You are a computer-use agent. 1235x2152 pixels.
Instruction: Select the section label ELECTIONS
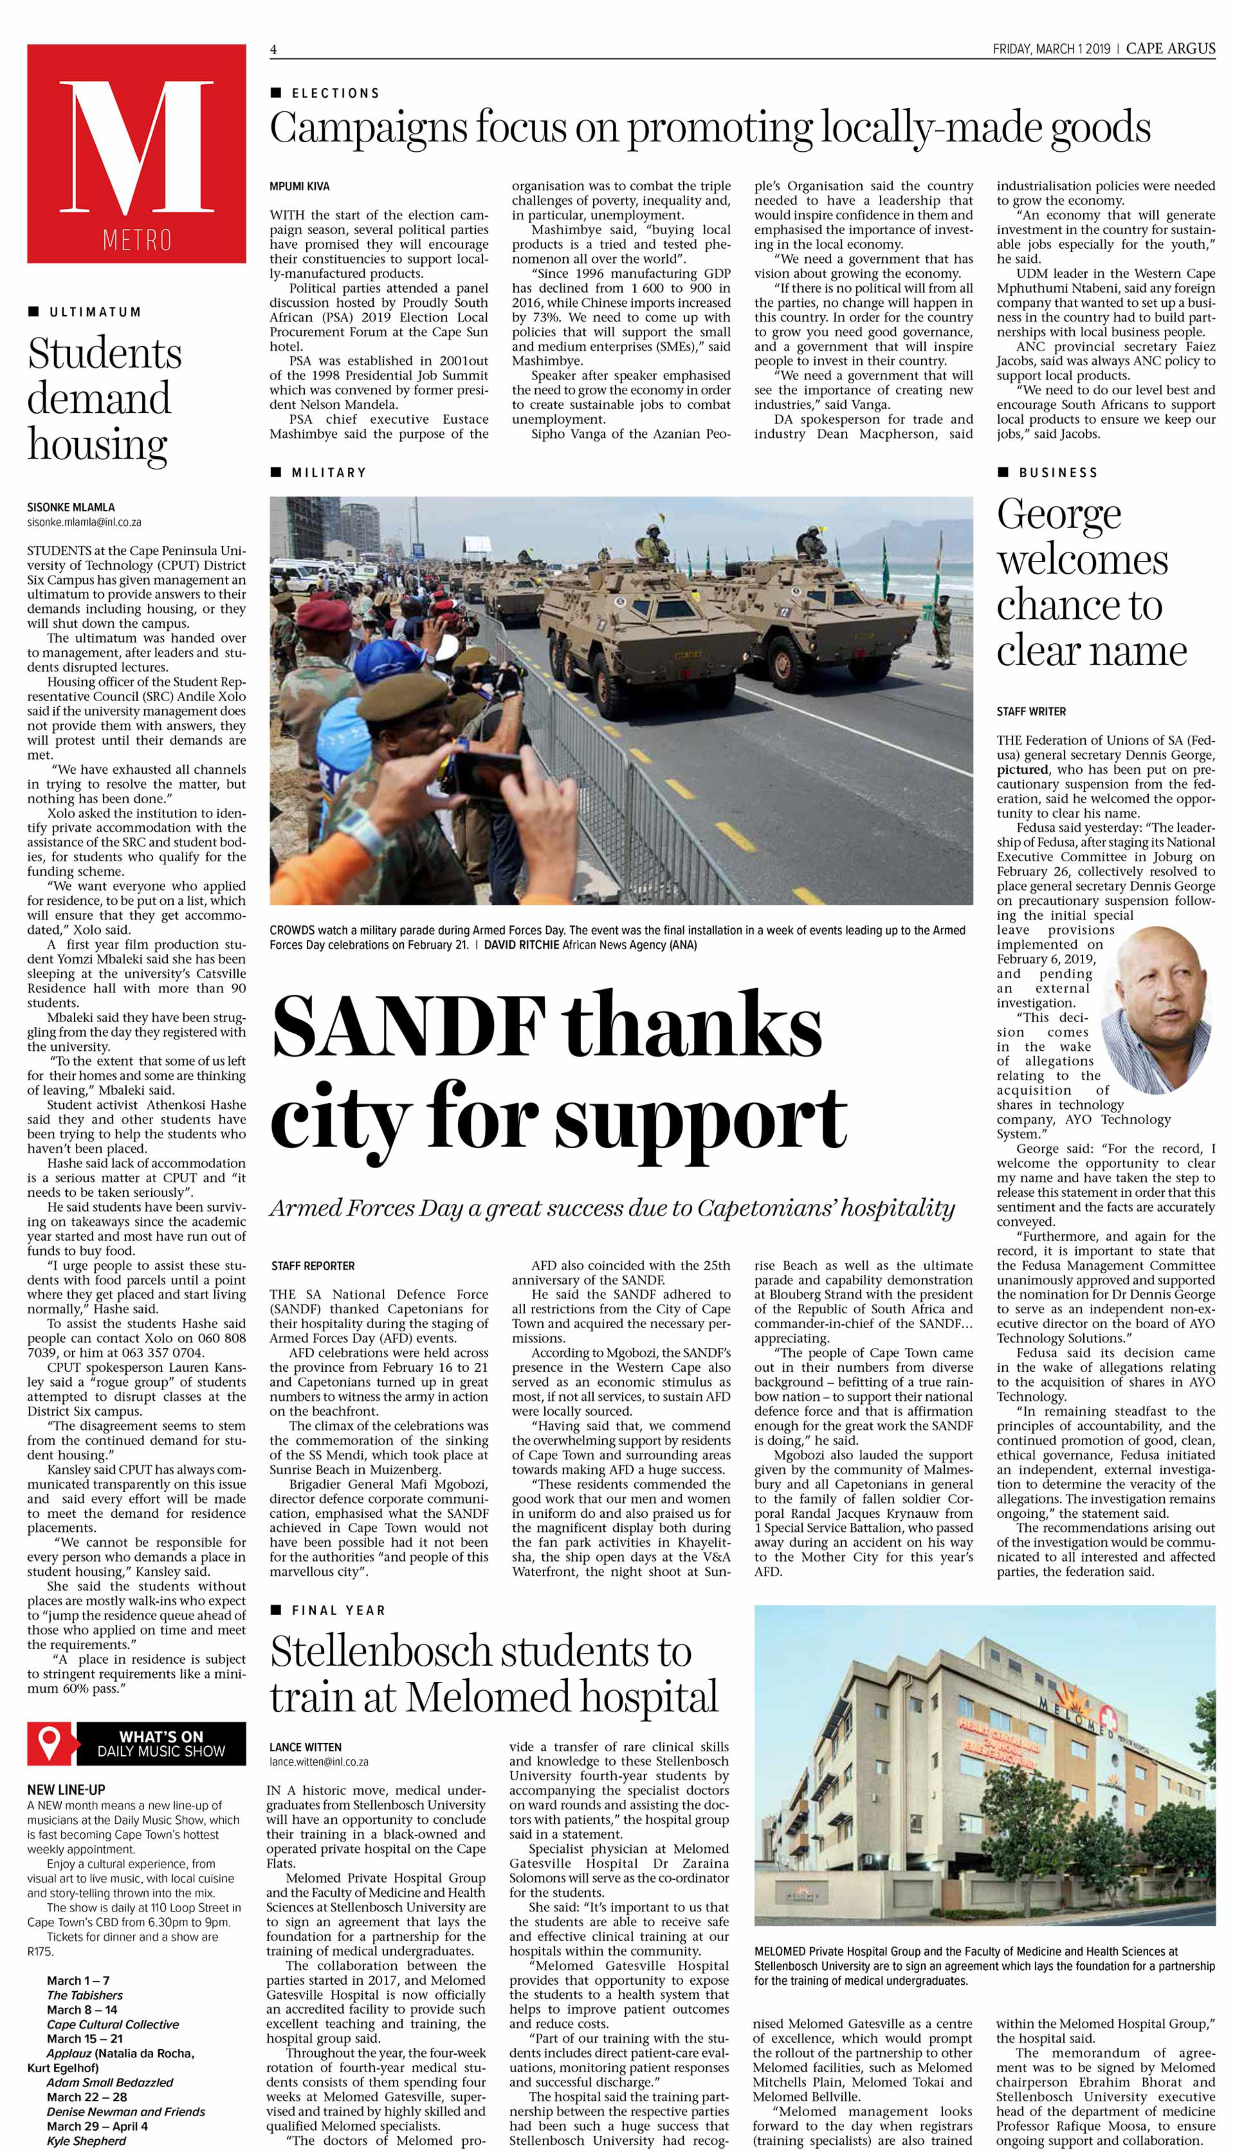click(x=335, y=93)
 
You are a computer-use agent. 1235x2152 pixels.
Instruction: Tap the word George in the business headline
click(x=1059, y=515)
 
